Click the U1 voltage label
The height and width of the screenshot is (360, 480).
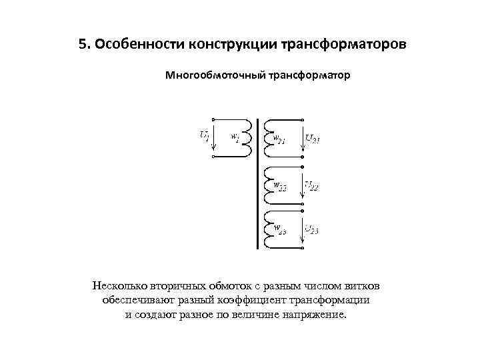[204, 135]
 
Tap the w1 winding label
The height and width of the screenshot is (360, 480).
[235, 137]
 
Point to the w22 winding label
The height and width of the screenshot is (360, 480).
[280, 186]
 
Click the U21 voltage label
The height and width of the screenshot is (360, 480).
[313, 138]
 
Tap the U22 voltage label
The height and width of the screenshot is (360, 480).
[312, 186]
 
